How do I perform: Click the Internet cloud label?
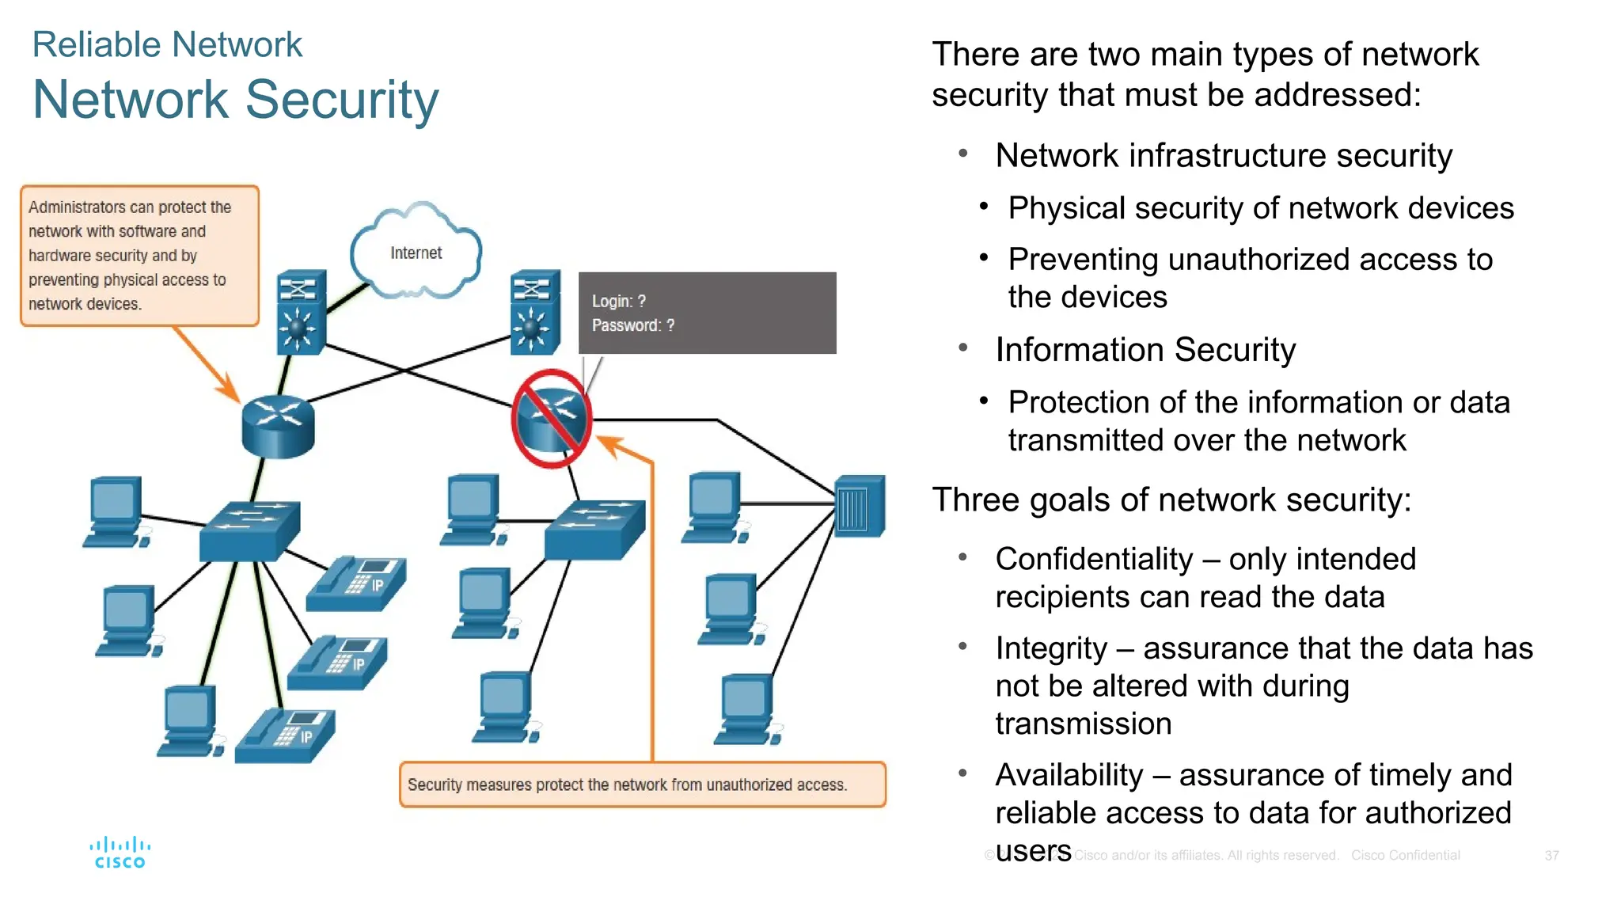(x=416, y=253)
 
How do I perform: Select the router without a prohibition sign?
(x=278, y=426)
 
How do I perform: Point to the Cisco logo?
(x=120, y=853)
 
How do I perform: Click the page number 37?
(x=1551, y=856)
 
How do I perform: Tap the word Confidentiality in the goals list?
(x=1094, y=559)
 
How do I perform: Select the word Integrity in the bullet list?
(x=1051, y=648)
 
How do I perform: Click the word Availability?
(x=1069, y=775)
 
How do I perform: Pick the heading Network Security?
(x=235, y=100)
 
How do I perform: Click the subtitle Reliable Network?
(x=167, y=44)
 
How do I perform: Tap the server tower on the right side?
(x=860, y=507)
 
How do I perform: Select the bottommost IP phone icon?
(x=286, y=735)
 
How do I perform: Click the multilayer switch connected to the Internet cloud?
(x=301, y=312)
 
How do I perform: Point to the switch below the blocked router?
(x=594, y=530)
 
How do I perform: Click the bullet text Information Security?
(x=1145, y=350)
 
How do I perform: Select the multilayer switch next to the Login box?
(x=535, y=312)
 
